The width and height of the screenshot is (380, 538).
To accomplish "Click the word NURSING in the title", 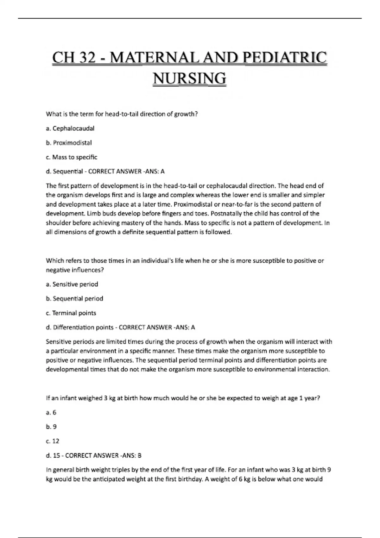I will pyautogui.click(x=189, y=78).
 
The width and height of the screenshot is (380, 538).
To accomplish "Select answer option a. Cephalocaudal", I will pyautogui.click(x=70, y=128).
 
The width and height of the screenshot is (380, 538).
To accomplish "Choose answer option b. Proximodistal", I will pyautogui.click(x=69, y=143).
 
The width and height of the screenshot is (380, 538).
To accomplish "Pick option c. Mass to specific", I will pyautogui.click(x=71, y=157).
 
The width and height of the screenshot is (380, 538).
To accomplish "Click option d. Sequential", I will pyautogui.click(x=64, y=172).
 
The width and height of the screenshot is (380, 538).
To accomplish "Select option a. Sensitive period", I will pyautogui.click(x=72, y=284).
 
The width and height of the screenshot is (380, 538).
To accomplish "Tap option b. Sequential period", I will pyautogui.click(x=74, y=298).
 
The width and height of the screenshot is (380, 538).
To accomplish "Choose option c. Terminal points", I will pyautogui.click(x=71, y=313).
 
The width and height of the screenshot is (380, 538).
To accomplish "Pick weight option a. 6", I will pyautogui.click(x=51, y=412).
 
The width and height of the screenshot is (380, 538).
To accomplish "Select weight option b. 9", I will pyautogui.click(x=51, y=427).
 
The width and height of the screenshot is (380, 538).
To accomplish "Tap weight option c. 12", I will pyautogui.click(x=53, y=441).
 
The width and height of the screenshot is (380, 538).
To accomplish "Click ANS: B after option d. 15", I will pyautogui.click(x=135, y=456).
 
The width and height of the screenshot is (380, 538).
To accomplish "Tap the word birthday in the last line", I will pyautogui.click(x=190, y=479).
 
